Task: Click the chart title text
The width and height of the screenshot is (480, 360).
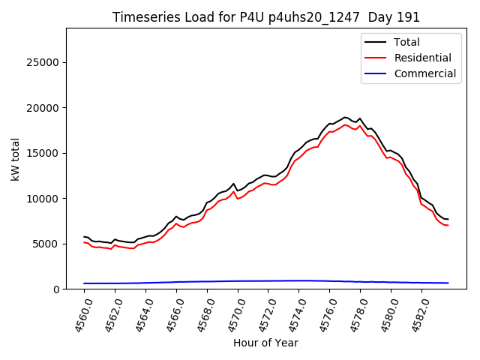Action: (x=266, y=17)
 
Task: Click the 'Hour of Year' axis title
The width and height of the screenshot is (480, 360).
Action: (x=265, y=343)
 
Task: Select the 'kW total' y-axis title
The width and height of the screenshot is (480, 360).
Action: (x=15, y=158)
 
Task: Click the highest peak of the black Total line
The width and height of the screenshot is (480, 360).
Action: (x=344, y=117)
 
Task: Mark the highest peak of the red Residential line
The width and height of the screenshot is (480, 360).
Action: (x=344, y=124)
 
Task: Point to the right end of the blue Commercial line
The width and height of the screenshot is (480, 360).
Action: (x=448, y=283)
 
